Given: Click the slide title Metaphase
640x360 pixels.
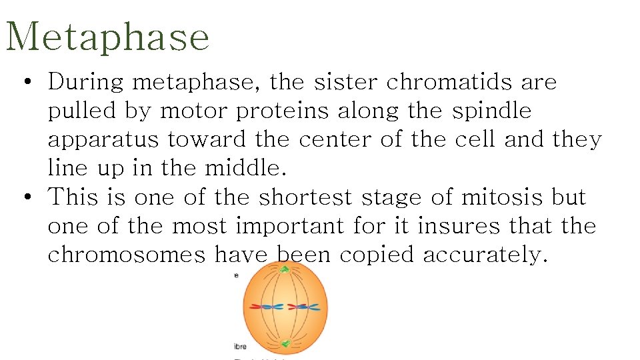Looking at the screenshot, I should pyautogui.click(x=107, y=37).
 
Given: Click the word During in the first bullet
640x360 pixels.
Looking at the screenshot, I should pyautogui.click(x=86, y=82).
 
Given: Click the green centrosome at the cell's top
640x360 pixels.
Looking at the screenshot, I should pyautogui.click(x=285, y=269).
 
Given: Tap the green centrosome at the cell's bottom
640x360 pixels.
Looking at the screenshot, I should pyautogui.click(x=285, y=344).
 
